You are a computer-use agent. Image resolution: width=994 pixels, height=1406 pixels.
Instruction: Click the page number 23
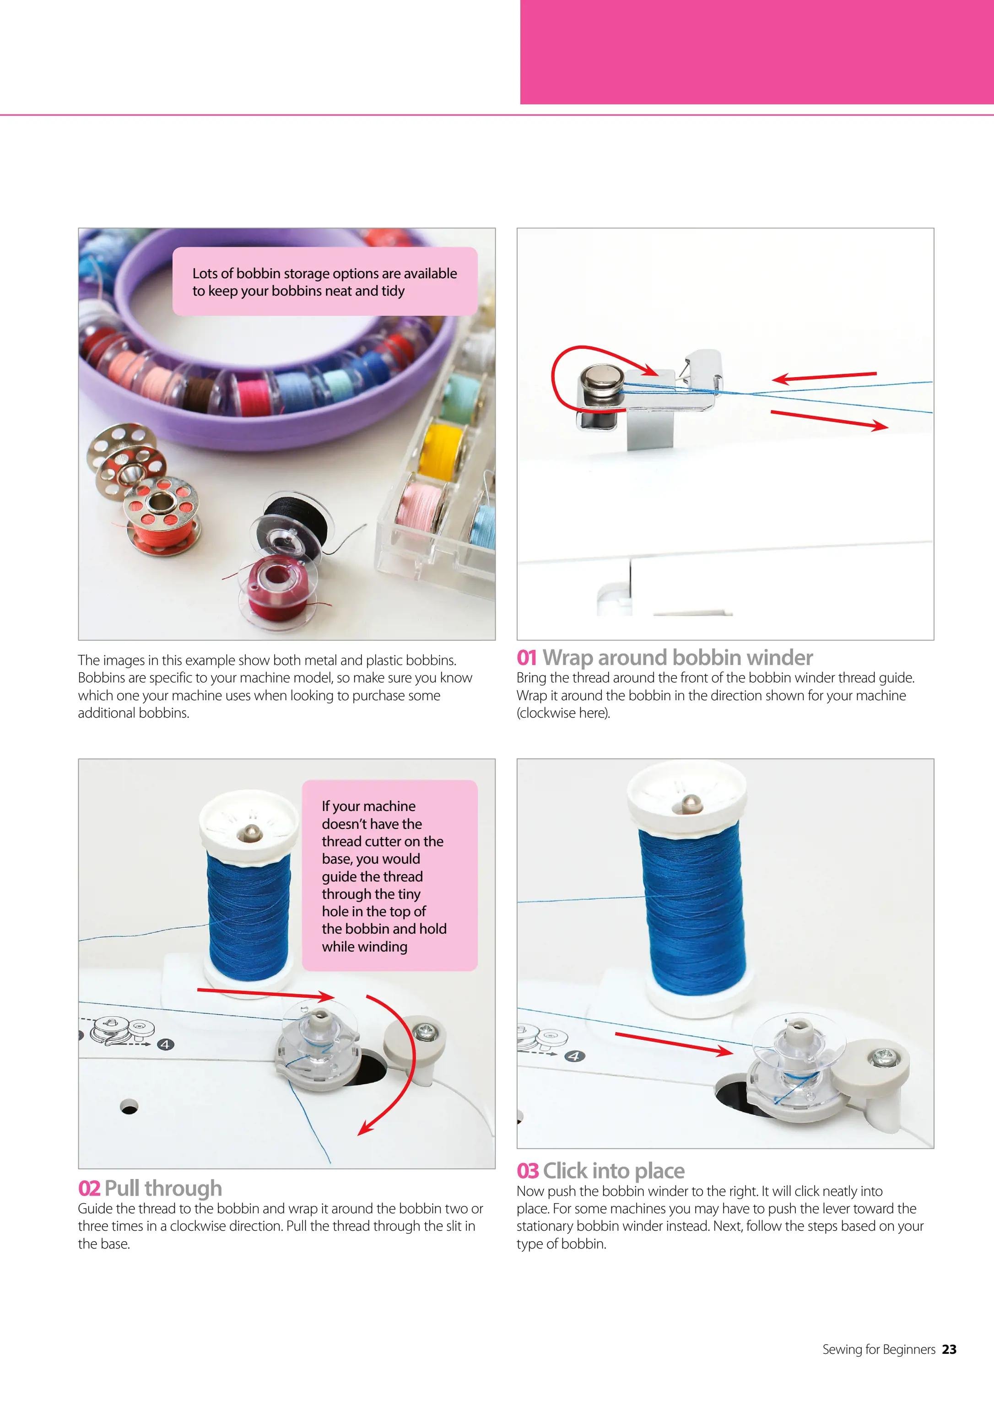click(949, 1349)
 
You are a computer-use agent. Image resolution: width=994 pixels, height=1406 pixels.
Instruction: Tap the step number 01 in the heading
click(527, 658)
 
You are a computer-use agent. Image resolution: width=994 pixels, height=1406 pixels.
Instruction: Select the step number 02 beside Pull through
click(89, 1188)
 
